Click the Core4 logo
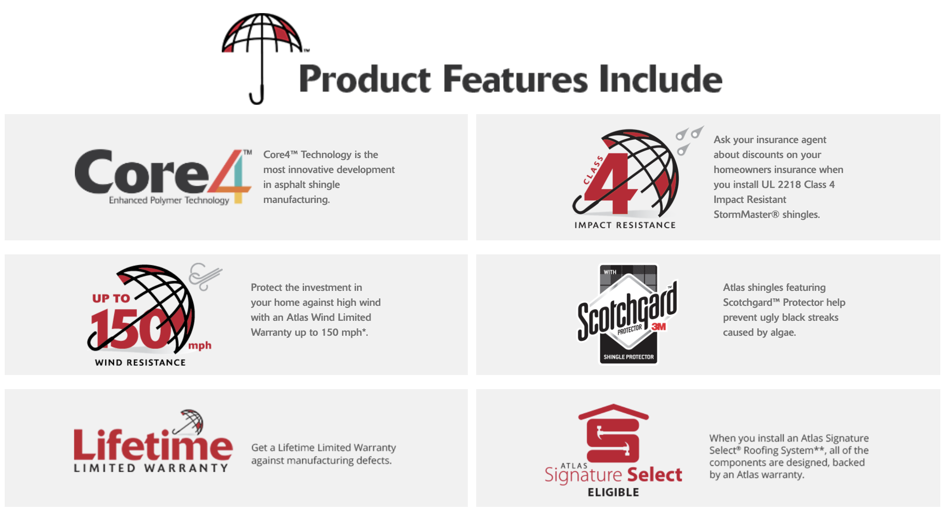pyautogui.click(x=163, y=177)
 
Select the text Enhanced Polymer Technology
pyautogui.click(x=169, y=200)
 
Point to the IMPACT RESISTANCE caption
pyautogui.click(x=625, y=225)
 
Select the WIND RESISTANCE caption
pyautogui.click(x=140, y=362)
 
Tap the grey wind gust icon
pyautogui.click(x=205, y=276)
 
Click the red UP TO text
pyautogui.click(x=111, y=298)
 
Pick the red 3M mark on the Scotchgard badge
pyautogui.click(x=658, y=326)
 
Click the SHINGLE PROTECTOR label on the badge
pyautogui.click(x=628, y=357)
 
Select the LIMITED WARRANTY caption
pyautogui.click(x=151, y=468)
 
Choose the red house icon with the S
pyautogui.click(x=613, y=433)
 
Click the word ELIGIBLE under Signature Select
pyautogui.click(x=613, y=492)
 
